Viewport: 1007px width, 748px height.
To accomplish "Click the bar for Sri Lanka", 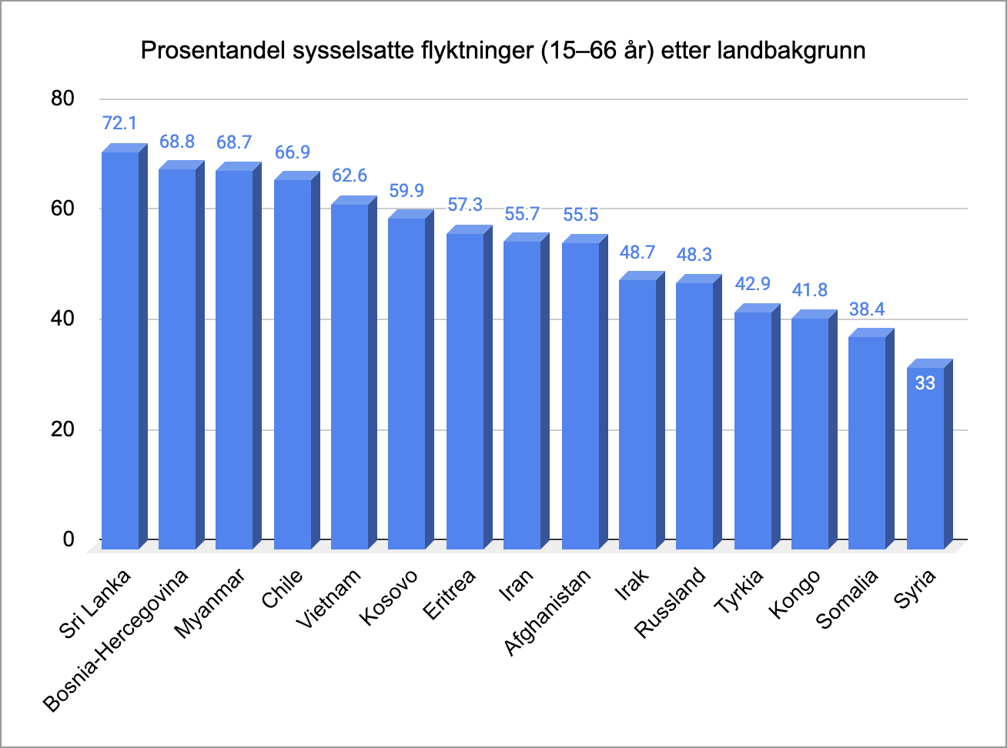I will click(x=120, y=350).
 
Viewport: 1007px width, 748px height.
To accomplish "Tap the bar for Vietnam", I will click(x=350, y=377).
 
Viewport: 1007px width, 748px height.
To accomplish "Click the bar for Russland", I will click(x=694, y=416).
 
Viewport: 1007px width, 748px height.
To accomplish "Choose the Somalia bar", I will click(x=867, y=442).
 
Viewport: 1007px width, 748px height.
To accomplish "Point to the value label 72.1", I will click(x=119, y=123).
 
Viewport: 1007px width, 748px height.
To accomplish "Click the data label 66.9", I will click(x=292, y=151).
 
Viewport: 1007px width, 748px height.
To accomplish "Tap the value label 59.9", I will click(x=406, y=190).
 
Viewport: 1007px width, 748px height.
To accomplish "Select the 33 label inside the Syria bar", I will click(x=925, y=382).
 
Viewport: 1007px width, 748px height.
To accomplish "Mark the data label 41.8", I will click(x=809, y=290).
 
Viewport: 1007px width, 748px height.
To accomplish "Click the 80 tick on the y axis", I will click(x=63, y=99).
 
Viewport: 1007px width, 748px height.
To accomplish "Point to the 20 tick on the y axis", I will click(x=63, y=429).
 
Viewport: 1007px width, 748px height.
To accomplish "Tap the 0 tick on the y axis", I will click(x=69, y=539).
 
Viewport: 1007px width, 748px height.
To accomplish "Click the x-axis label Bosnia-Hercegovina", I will click(x=117, y=641).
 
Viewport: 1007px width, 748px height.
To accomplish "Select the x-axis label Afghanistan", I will click(x=548, y=612).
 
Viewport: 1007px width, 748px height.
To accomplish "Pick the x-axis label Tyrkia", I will click(x=739, y=592).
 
